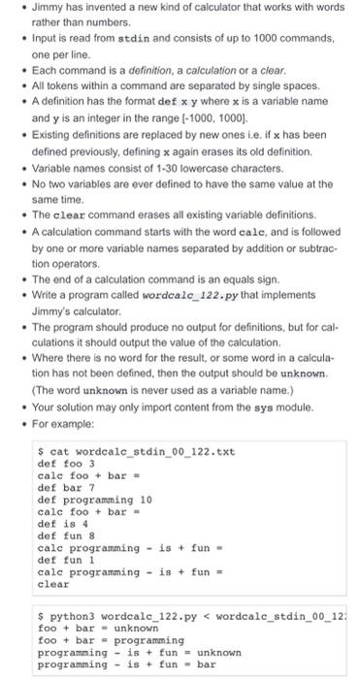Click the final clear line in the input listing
[52, 584]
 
